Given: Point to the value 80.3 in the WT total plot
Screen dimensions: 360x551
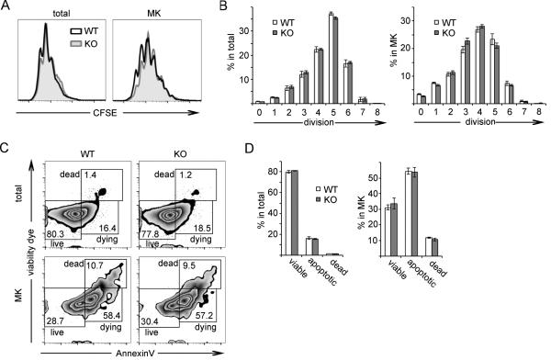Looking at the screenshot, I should coord(61,235).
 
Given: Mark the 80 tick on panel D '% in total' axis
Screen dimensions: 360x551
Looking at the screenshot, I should coord(263,172).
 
